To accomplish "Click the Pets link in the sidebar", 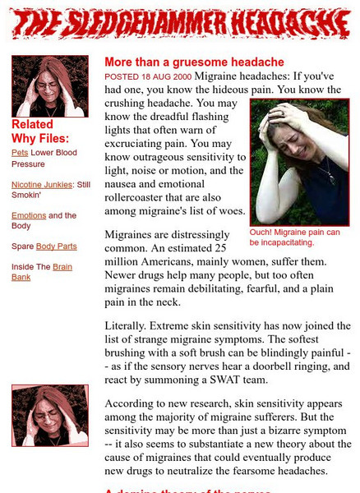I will click(20, 153).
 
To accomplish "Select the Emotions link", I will click(29, 216).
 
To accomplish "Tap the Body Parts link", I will click(56, 246).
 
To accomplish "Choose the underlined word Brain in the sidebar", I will click(62, 267).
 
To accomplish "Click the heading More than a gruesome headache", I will click(194, 62).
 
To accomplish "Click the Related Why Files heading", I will click(40, 131).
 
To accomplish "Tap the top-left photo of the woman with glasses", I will click(50, 86).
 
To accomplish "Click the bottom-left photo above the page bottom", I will click(50, 416).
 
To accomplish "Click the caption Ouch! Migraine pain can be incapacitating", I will click(294, 237).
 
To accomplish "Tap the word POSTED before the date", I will click(122, 76).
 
